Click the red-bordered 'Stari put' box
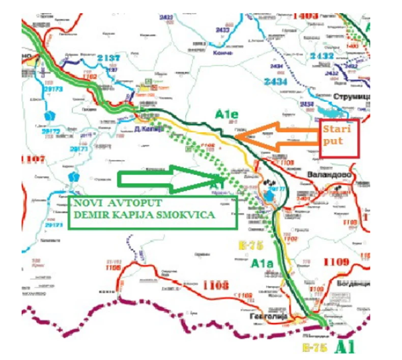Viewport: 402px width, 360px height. pyautogui.click(x=339, y=138)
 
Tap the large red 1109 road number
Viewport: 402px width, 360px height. pyautogui.click(x=335, y=262)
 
